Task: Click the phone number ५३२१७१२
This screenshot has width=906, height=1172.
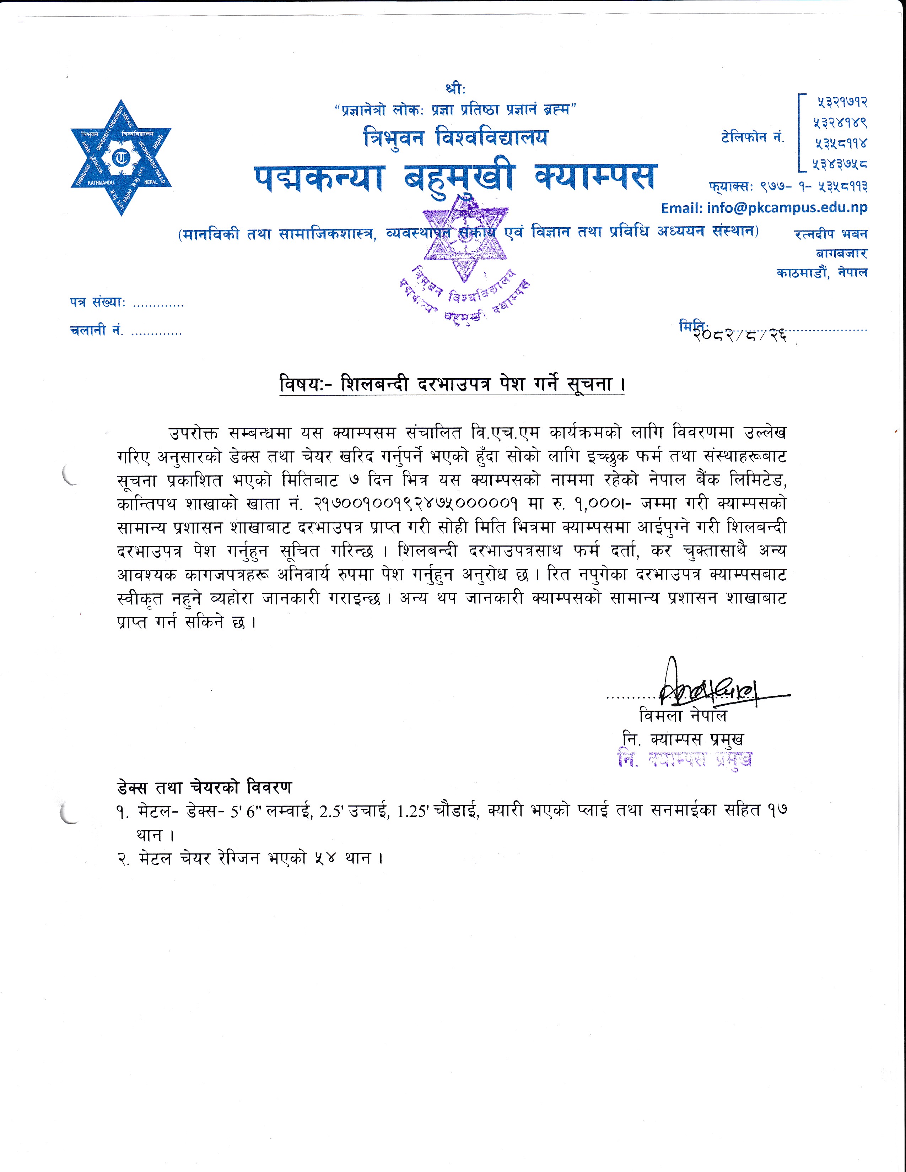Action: (842, 102)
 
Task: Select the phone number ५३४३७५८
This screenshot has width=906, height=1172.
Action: (840, 164)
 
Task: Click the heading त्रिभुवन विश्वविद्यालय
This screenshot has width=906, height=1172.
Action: (455, 137)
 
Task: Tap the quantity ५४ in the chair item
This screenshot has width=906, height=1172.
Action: (326, 859)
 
